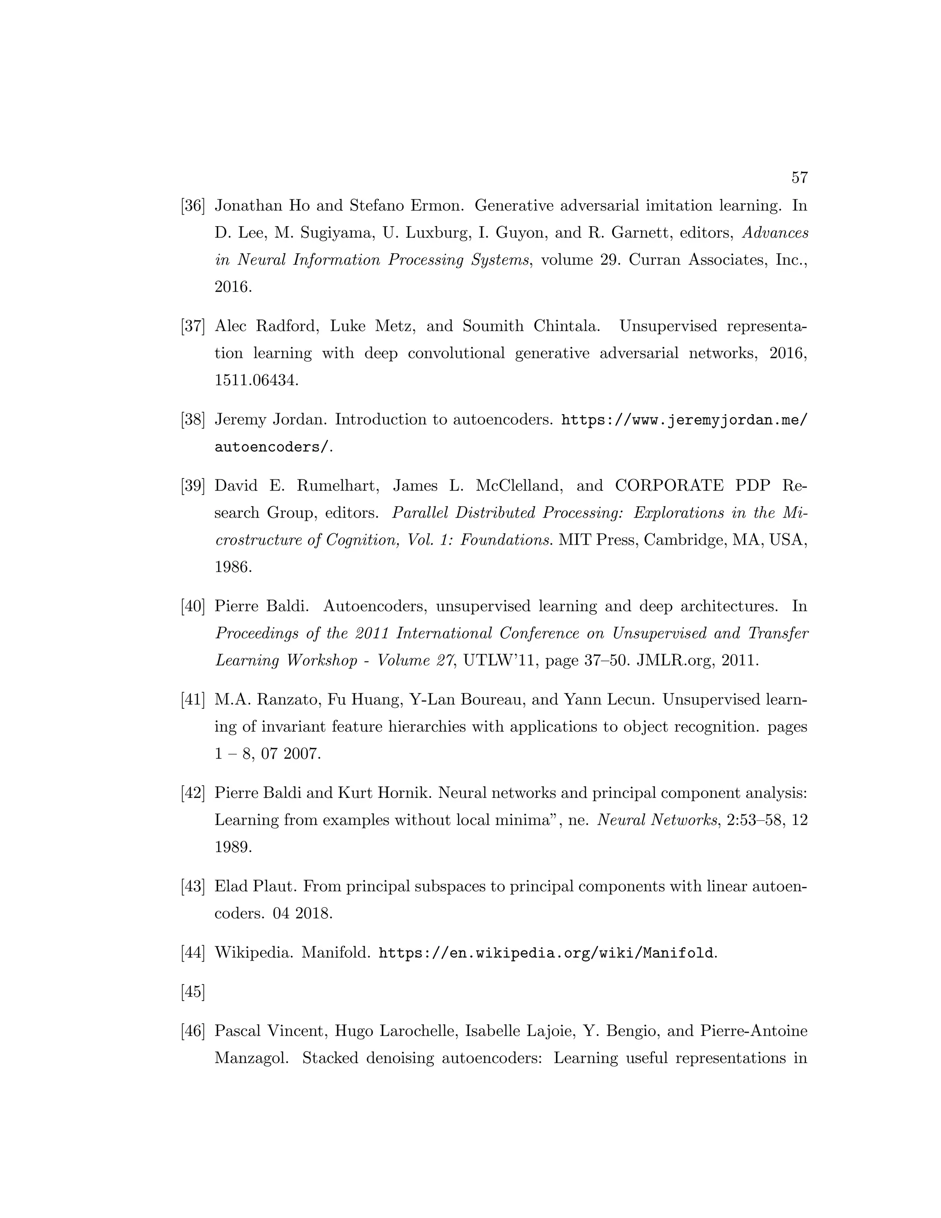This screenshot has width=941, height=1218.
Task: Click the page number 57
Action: [x=799, y=178]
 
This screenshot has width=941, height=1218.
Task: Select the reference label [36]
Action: [x=193, y=206]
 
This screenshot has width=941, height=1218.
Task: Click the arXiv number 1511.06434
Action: [x=256, y=381]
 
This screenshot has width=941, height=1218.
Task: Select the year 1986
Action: [x=233, y=567]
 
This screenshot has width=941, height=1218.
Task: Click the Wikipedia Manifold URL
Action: [x=546, y=953]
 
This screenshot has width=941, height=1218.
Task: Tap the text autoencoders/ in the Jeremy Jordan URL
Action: [x=272, y=447]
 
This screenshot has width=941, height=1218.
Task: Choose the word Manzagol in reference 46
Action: [x=251, y=1059]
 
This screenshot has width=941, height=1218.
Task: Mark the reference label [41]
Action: [x=193, y=700]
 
